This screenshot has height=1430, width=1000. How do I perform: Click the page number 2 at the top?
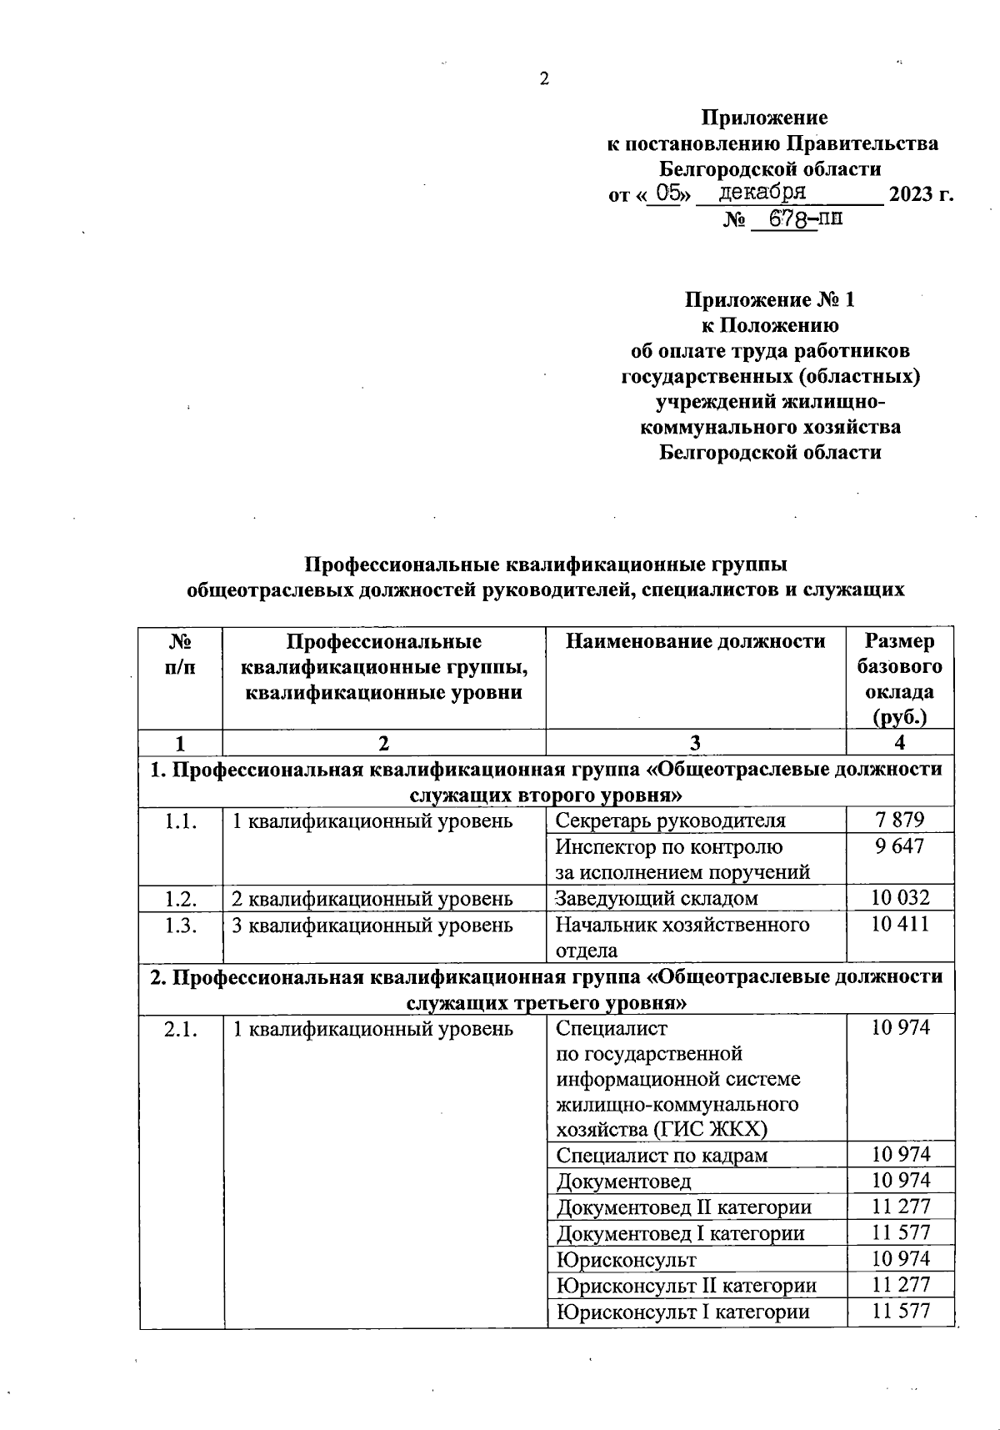tap(544, 80)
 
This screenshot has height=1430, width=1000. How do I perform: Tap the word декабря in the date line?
tap(762, 192)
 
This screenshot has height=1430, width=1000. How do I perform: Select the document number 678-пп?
tap(805, 220)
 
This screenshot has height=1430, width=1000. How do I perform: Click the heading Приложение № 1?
tap(769, 299)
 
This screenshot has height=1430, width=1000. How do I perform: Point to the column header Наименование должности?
tap(696, 641)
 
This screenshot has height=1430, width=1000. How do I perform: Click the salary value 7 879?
tap(900, 819)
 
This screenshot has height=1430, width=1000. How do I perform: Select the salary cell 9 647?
tap(900, 845)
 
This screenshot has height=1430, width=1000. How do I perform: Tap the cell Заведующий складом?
tap(657, 898)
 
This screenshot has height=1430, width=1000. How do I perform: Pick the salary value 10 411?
tap(900, 924)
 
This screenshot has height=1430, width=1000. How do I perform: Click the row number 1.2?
tap(181, 898)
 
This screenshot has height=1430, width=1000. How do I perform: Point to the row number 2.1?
tap(181, 1029)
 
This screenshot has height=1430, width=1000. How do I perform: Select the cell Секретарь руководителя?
tap(670, 820)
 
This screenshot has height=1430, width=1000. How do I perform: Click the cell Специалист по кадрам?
tap(662, 1155)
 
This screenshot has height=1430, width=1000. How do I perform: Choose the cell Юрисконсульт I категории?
tap(682, 1311)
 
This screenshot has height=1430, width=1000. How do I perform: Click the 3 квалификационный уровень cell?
tap(372, 925)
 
